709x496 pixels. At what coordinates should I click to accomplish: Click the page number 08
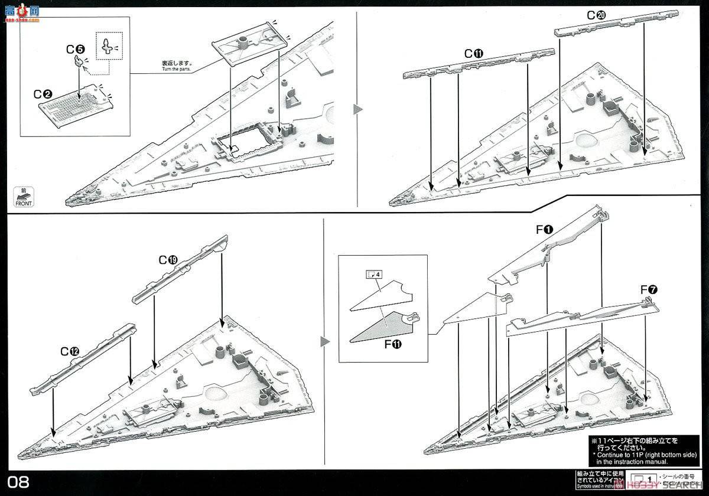point(19,482)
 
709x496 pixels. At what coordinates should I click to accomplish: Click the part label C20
point(595,16)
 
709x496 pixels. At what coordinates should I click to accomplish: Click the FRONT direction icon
point(23,196)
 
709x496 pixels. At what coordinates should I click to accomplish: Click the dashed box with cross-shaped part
point(107,47)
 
